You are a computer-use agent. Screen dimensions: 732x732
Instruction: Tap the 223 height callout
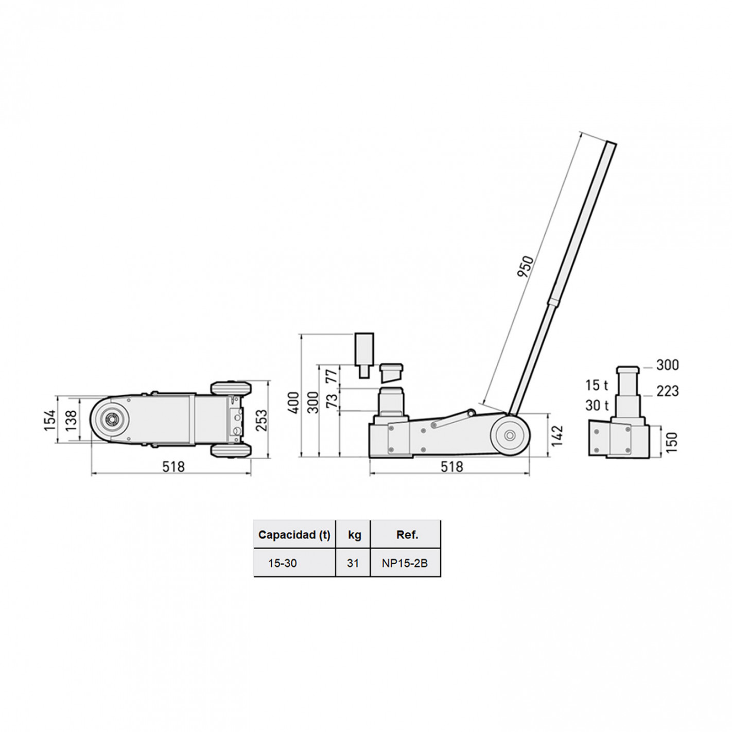pos(668,391)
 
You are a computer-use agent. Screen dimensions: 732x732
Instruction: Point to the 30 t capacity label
pos(597,406)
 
